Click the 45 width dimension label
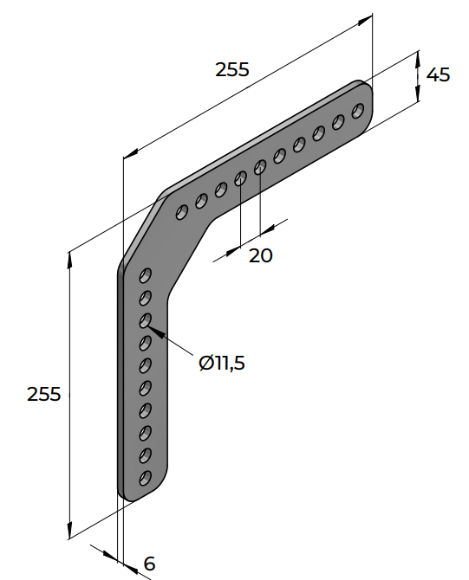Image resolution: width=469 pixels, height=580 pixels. (x=439, y=74)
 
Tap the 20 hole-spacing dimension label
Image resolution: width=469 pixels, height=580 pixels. (x=260, y=255)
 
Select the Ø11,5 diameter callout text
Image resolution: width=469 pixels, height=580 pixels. (x=222, y=363)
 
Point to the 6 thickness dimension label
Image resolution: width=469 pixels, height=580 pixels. (x=149, y=564)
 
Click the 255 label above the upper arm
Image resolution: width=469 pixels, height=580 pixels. (x=232, y=69)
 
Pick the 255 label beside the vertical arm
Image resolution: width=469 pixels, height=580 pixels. (x=43, y=394)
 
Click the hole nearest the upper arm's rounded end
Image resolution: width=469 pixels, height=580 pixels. (x=357, y=111)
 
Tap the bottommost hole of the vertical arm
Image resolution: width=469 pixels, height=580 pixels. (x=146, y=478)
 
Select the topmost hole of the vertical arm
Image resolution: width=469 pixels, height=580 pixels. (x=146, y=275)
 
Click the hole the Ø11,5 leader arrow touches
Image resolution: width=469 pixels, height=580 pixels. (x=146, y=320)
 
